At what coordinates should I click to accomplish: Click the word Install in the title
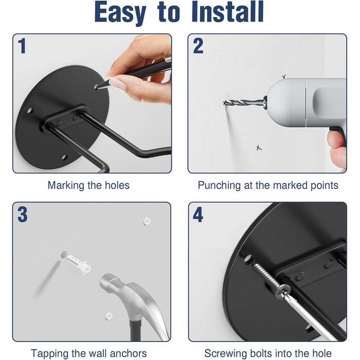[x=227, y=11]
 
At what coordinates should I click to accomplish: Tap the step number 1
[x=22, y=46]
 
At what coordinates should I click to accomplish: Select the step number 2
[x=198, y=46]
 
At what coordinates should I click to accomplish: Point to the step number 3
[x=23, y=214]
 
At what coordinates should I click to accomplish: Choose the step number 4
[x=198, y=214]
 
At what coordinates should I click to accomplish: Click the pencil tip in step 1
[x=97, y=87]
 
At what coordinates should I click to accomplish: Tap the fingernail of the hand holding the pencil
[x=118, y=84]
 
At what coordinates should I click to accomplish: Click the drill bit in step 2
[x=244, y=102]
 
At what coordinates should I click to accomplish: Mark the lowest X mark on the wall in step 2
[x=259, y=148]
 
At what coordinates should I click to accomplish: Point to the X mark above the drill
[x=284, y=77]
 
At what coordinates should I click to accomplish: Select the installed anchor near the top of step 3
[x=147, y=221]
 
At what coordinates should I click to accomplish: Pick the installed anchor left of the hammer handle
[x=109, y=316]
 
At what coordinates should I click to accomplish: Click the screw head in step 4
[x=283, y=292]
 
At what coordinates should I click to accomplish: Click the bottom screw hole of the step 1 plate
[x=64, y=157]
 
